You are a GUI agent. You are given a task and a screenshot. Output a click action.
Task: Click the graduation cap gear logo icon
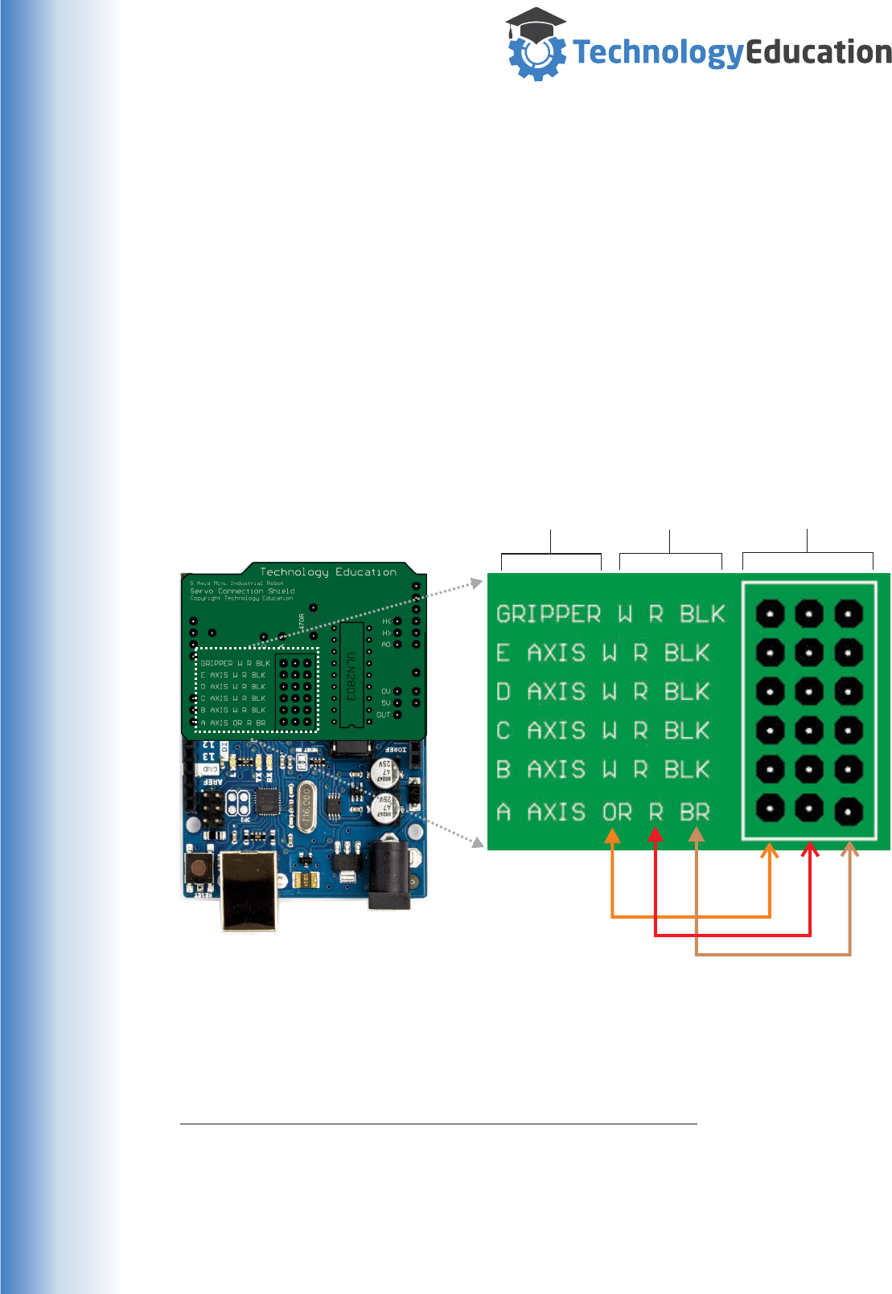(536, 46)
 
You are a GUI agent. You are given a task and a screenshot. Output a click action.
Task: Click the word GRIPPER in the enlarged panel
(549, 614)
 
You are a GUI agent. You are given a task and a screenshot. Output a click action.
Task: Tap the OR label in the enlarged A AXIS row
(618, 812)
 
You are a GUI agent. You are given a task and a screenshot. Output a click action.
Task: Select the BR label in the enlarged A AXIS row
(695, 812)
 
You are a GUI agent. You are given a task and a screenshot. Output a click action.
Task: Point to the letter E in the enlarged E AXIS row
(504, 653)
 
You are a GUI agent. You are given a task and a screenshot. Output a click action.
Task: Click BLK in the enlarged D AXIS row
(687, 691)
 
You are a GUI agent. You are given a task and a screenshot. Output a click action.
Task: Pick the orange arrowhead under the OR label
(613, 836)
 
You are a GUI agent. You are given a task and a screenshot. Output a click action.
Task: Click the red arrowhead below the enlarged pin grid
(810, 849)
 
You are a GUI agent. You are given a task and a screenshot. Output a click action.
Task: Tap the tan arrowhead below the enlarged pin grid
(850, 849)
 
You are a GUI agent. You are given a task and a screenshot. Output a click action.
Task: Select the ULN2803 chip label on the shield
(351, 675)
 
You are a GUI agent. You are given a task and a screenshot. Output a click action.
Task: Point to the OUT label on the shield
(383, 715)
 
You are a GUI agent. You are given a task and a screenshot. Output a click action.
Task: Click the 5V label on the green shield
(385, 702)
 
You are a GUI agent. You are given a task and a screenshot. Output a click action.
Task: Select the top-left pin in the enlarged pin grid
(770, 614)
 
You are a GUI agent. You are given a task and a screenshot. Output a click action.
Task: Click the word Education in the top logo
(819, 52)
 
